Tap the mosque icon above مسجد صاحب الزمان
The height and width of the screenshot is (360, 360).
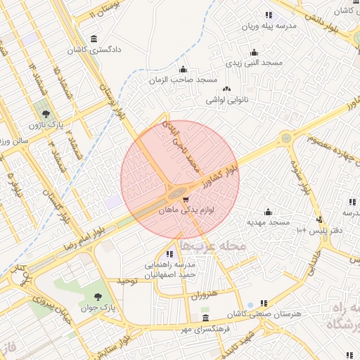click(183, 69)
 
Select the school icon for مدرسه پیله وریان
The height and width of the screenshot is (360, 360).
click(269, 15)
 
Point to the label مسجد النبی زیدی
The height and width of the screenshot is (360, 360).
click(255, 63)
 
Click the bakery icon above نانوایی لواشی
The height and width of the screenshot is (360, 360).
click(226, 89)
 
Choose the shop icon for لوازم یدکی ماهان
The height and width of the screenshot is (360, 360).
click(185, 199)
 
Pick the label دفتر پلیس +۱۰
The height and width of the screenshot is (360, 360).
click(309, 230)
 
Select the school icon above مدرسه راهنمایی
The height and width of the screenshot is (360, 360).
click(170, 254)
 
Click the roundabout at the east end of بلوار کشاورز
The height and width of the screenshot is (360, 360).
click(286, 139)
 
